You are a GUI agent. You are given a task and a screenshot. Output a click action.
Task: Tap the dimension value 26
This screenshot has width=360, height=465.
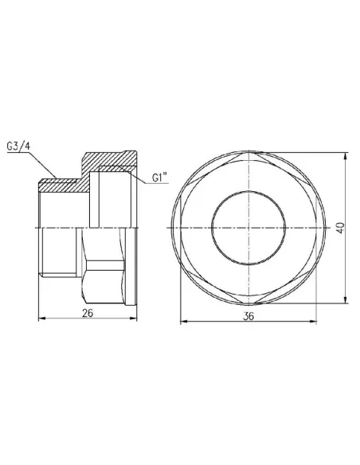click(88, 312)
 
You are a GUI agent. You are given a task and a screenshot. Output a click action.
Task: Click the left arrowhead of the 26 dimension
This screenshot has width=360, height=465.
click(42, 321)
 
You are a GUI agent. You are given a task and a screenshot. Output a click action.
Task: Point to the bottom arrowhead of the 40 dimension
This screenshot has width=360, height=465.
click(345, 299)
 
